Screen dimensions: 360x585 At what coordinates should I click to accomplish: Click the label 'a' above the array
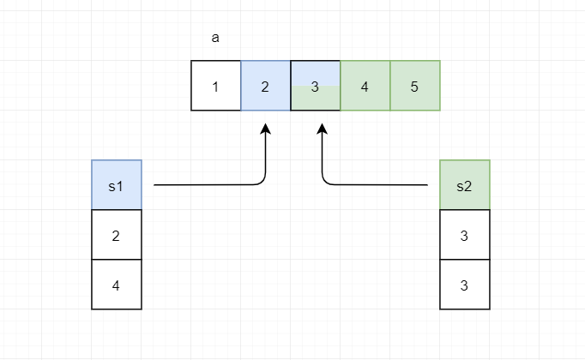[x=214, y=39]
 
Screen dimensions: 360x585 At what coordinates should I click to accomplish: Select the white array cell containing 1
[x=216, y=86]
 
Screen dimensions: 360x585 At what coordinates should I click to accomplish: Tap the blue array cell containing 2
[x=266, y=86]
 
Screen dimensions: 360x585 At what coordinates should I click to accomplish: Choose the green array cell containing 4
[x=365, y=86]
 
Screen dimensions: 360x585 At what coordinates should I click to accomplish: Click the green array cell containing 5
[x=415, y=86]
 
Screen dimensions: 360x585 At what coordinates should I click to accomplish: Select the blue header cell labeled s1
[x=117, y=185]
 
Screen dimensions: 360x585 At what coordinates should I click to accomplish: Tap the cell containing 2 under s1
[x=117, y=235]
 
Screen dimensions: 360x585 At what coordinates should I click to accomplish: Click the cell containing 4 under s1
[x=117, y=285]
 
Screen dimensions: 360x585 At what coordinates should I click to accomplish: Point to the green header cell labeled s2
[x=465, y=185]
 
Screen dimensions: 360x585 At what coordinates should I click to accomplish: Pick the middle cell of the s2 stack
[x=465, y=235]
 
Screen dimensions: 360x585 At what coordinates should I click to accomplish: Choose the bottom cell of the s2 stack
[x=465, y=285]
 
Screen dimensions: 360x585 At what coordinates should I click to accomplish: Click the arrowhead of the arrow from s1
[x=266, y=129]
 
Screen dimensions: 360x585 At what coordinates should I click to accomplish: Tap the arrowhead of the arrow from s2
[x=323, y=129]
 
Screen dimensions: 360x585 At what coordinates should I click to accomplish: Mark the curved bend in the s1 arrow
[x=262, y=181]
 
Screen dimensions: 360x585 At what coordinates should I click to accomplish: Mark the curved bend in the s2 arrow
[x=326, y=181]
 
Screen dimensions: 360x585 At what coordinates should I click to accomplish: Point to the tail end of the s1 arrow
[x=155, y=184]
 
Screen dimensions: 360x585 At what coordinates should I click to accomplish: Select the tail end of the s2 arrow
[x=426, y=184]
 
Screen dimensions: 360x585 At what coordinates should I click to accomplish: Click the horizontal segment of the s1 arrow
[x=206, y=184]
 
